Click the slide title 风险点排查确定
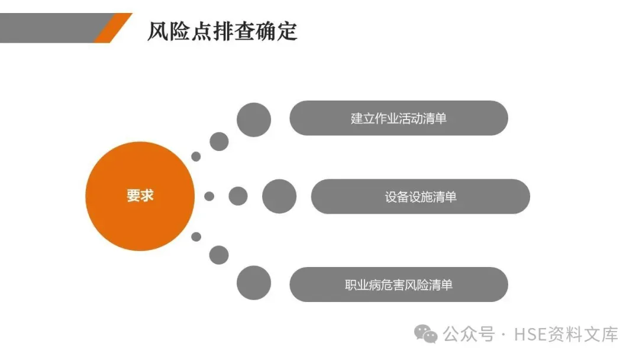(x=222, y=31)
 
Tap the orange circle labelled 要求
(x=140, y=196)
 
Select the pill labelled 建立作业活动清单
(x=398, y=118)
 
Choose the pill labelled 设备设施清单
(x=420, y=197)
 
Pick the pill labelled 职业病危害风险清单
(x=398, y=285)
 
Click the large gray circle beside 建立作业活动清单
(x=254, y=120)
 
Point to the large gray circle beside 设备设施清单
(x=279, y=197)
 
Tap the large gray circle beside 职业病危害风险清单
(x=254, y=282)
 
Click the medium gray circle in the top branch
(x=219, y=142)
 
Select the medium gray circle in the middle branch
(x=238, y=196)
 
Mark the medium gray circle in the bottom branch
(x=219, y=255)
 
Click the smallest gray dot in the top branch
(x=196, y=157)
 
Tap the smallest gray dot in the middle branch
(x=209, y=196)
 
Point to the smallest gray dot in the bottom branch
(x=196, y=237)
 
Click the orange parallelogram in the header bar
(x=112, y=28)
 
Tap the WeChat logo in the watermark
(x=426, y=335)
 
